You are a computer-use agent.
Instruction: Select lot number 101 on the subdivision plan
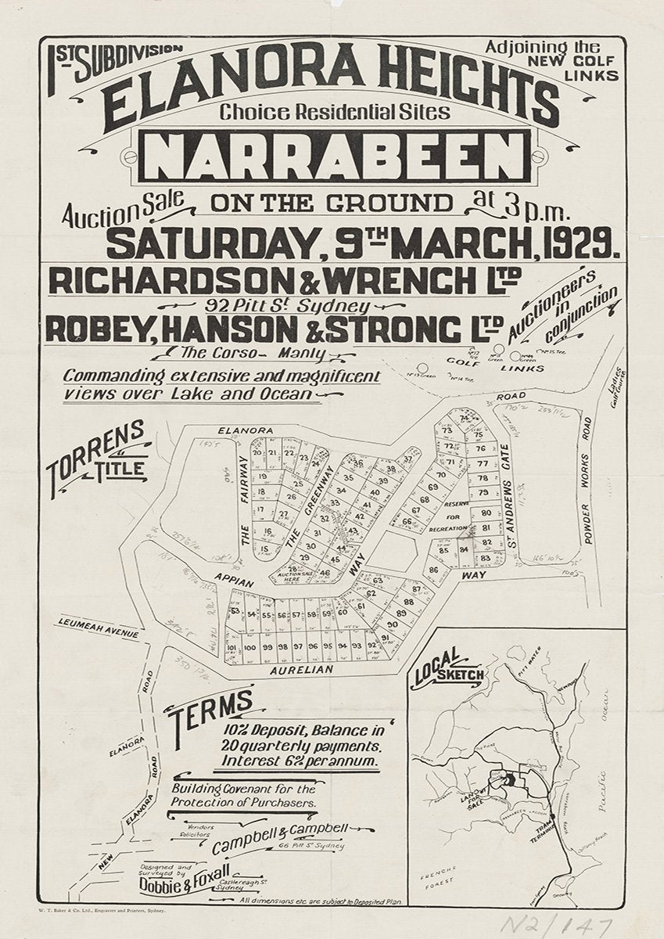tap(232, 648)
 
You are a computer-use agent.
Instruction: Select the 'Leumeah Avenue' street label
tap(97, 628)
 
